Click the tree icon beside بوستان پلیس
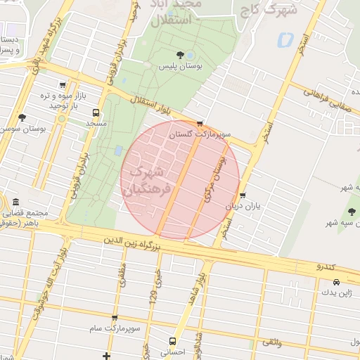[181, 55]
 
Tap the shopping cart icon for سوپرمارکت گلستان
[200, 124]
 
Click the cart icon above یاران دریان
[243, 196]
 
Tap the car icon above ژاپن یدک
[336, 281]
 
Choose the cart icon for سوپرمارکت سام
[115, 319]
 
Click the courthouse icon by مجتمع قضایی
[15, 202]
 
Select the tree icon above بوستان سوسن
[22, 117]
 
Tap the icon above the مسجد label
[96, 112]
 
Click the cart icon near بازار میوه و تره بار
[63, 84]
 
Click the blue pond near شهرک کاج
[285, 40]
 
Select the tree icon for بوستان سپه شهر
[352, 212]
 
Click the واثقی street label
[272, 342]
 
